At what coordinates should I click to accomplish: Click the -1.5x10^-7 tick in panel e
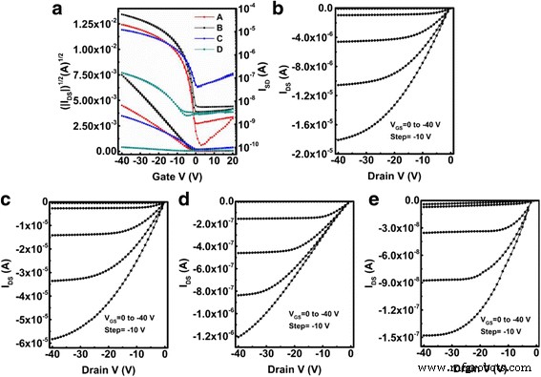(x=385, y=336)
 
